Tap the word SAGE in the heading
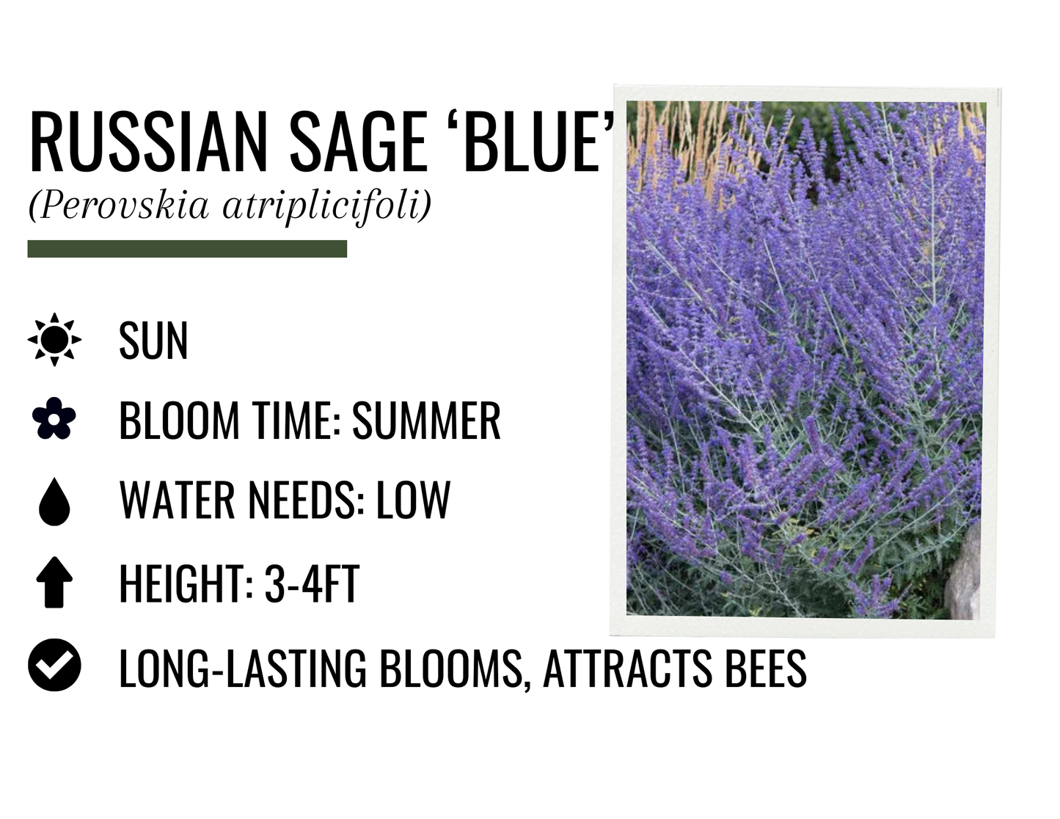point(358,142)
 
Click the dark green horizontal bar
point(187,249)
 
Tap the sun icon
point(54,340)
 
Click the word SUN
point(153,341)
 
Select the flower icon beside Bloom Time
point(54,419)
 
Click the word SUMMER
point(426,421)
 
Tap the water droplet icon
point(54,501)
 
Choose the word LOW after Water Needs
point(413,501)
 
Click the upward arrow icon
point(54,583)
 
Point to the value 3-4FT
point(312,585)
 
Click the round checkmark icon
point(54,665)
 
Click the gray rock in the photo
point(965,580)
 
